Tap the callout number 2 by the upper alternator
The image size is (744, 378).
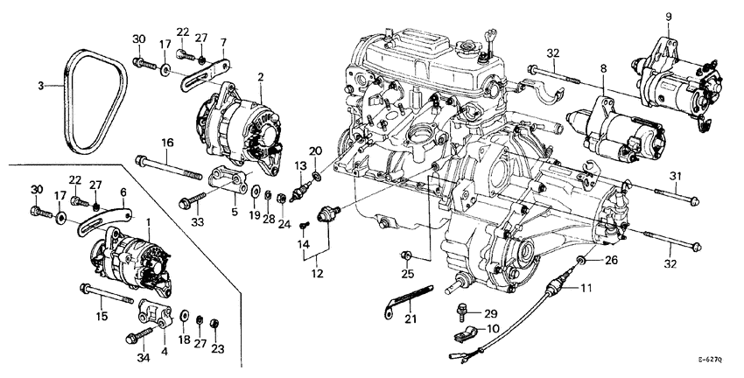(x=261, y=77)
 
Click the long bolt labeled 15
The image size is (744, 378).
(x=105, y=293)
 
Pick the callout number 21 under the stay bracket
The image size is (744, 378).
(x=411, y=319)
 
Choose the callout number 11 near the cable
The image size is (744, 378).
(x=586, y=288)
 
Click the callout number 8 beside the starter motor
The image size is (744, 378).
(x=602, y=66)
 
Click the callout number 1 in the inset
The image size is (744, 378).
(x=149, y=223)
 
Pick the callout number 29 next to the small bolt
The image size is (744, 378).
(x=490, y=313)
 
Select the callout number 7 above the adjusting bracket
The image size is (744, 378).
(x=223, y=41)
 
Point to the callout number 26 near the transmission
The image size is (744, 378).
(x=612, y=259)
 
